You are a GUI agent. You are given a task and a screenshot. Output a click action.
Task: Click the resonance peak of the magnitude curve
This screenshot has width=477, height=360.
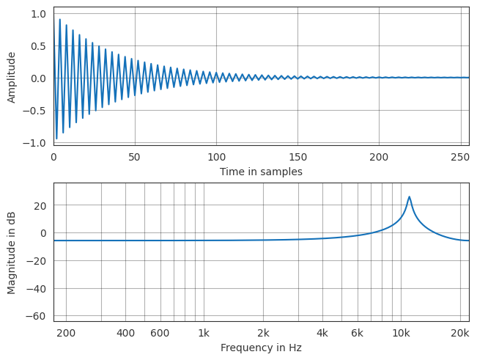coord(409,196)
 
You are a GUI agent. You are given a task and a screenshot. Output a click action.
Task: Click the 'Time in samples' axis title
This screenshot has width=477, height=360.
coord(261,172)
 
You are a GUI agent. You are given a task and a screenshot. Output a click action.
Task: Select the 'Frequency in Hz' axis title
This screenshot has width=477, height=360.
coord(261,348)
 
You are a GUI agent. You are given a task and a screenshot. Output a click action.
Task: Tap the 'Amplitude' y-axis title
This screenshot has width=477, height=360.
coord(12,77)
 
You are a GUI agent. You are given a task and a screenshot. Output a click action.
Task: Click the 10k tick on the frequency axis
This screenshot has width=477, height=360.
coord(401,334)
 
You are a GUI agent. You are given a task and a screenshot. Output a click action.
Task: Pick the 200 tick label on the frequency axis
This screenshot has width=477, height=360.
coord(66,334)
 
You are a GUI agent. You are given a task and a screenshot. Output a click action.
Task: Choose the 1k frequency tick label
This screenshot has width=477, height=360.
coord(204,334)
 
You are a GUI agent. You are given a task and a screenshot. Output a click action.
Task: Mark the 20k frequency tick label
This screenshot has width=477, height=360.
coord(460,334)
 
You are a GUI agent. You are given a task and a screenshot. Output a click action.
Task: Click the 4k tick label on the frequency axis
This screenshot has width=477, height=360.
coord(322,334)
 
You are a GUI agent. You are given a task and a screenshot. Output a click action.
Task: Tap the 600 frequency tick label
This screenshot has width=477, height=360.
coord(160,334)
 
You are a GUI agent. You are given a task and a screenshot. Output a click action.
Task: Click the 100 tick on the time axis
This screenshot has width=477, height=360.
coord(216,157)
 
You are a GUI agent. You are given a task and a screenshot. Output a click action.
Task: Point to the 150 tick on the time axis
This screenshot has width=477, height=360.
coord(297,157)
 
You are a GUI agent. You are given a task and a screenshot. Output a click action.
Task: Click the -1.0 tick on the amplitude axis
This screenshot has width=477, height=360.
coord(37,143)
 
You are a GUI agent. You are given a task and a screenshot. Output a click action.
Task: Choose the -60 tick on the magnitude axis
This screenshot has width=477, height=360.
coord(38,316)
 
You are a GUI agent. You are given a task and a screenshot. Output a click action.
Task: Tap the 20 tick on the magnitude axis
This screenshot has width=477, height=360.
coord(41,205)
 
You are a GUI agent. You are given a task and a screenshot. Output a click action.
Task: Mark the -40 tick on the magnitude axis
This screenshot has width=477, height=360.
coord(38,288)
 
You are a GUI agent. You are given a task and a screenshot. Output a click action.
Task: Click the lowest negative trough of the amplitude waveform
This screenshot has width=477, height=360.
coord(56,139)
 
